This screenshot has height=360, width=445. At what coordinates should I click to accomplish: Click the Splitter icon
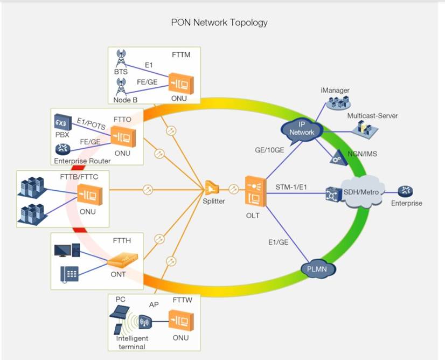(212, 188)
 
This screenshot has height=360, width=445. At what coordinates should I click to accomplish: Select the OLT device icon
(256, 191)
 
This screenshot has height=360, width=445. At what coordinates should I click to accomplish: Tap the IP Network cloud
(302, 129)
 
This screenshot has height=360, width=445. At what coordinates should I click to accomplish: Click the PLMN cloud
(317, 268)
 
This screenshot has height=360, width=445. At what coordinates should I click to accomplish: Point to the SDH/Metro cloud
(361, 192)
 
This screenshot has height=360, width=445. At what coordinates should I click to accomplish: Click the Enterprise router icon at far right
(405, 191)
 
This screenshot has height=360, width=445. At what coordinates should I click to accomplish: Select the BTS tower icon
(121, 59)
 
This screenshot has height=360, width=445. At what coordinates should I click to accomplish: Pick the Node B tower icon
(121, 87)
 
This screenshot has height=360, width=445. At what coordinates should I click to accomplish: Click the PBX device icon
(63, 122)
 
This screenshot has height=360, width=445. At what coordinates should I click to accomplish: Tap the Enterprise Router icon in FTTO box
(62, 149)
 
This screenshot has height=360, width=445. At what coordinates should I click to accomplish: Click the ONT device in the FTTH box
(123, 260)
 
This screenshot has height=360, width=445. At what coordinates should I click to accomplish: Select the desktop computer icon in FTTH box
(67, 250)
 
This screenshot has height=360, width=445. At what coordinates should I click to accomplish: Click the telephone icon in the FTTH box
(69, 274)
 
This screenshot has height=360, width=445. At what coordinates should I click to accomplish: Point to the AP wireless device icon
(145, 322)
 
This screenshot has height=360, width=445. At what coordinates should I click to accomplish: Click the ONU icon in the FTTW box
(181, 321)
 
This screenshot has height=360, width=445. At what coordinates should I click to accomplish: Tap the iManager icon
(338, 103)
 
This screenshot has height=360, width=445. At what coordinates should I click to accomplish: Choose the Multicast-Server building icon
(365, 129)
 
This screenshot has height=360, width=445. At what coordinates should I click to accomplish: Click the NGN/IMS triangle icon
(338, 158)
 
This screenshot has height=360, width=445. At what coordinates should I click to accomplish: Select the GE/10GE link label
(269, 150)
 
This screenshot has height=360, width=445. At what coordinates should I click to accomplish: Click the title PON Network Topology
(219, 23)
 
